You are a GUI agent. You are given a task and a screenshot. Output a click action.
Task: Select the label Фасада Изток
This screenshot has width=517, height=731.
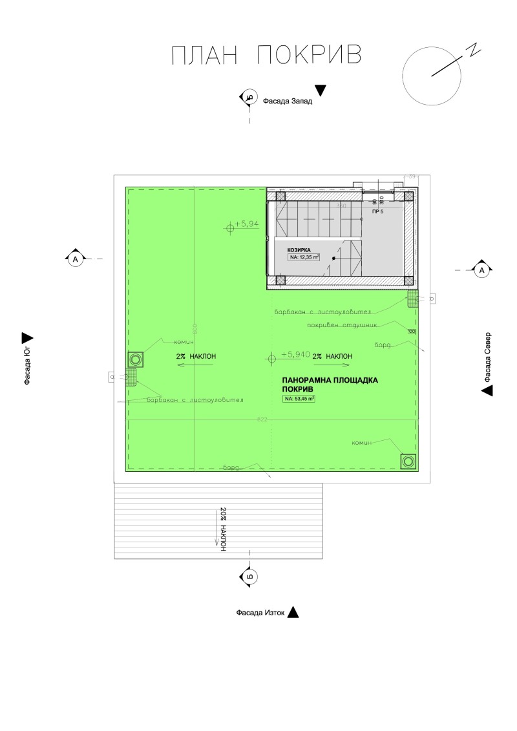tap(260, 613)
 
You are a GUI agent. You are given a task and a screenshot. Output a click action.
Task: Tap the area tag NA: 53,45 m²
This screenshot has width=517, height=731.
tap(299, 399)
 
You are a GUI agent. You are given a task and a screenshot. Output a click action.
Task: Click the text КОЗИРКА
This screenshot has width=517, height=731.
tap(300, 249)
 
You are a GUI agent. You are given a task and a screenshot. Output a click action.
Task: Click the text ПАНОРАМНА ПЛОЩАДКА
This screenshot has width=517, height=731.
tap(330, 381)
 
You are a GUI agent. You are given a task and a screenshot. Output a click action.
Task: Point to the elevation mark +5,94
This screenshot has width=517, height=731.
tap(246, 224)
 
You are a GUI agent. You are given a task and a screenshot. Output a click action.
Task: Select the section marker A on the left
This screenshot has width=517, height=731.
tap(75, 259)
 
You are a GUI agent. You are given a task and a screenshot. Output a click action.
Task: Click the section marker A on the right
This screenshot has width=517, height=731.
tap(481, 270)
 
